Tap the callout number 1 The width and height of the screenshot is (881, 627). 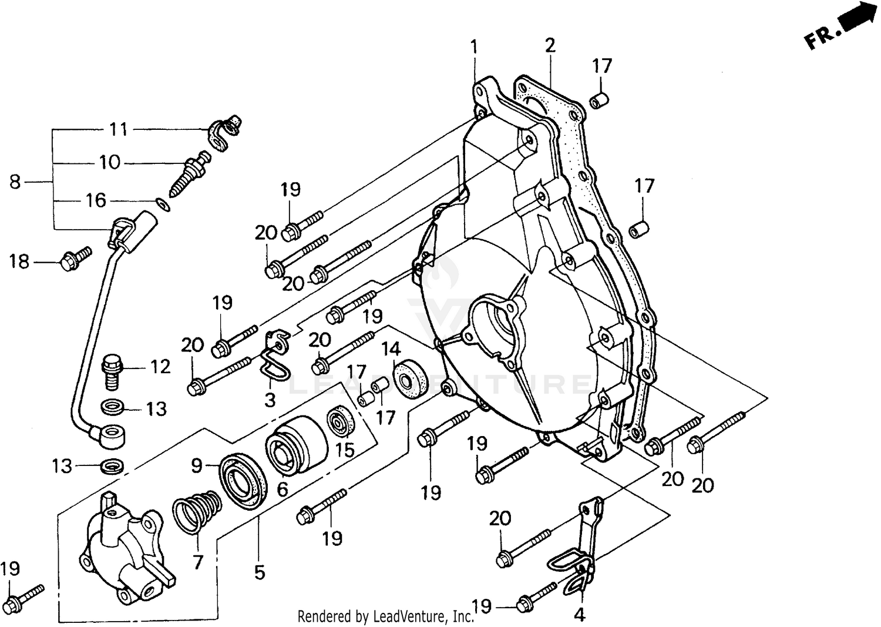tap(474, 46)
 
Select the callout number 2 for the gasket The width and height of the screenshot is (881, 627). tap(550, 45)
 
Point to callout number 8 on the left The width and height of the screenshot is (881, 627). tap(15, 182)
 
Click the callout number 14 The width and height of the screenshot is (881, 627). tap(391, 350)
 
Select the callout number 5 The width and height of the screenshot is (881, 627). tap(260, 571)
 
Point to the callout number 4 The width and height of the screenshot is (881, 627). tap(579, 615)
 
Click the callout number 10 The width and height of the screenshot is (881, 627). tap(109, 162)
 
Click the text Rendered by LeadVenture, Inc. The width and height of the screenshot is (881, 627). tap(385, 616)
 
